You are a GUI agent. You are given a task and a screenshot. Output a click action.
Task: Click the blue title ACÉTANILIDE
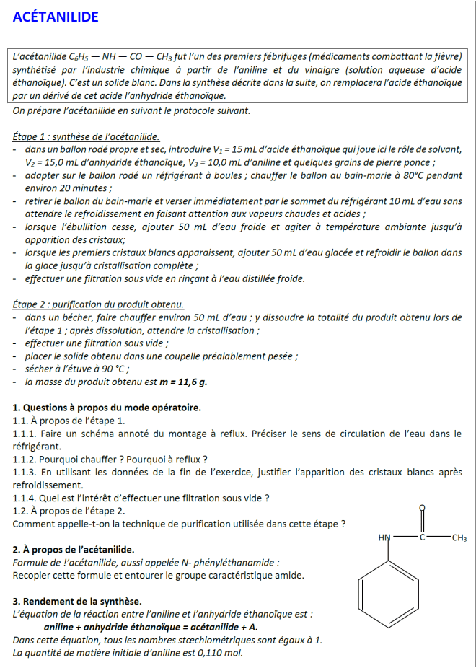pos(55,17)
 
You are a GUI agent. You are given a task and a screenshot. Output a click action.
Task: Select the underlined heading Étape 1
pos(86,136)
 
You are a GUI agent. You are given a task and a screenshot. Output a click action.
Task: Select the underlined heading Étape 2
pos(98,304)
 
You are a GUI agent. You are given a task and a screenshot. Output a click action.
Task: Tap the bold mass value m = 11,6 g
pos(183,382)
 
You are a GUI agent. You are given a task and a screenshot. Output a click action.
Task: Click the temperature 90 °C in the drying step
pos(113,369)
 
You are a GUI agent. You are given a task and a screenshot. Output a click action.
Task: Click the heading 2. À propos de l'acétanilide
pos(74,550)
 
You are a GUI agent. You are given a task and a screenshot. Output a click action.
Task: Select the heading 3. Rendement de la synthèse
pos(77,601)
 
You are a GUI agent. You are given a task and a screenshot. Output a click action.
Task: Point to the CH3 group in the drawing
pos(459,538)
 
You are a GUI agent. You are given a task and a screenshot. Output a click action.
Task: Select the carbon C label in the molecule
pos(423,538)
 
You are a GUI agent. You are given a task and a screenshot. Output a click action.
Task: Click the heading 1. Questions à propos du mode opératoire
pos(107,408)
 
